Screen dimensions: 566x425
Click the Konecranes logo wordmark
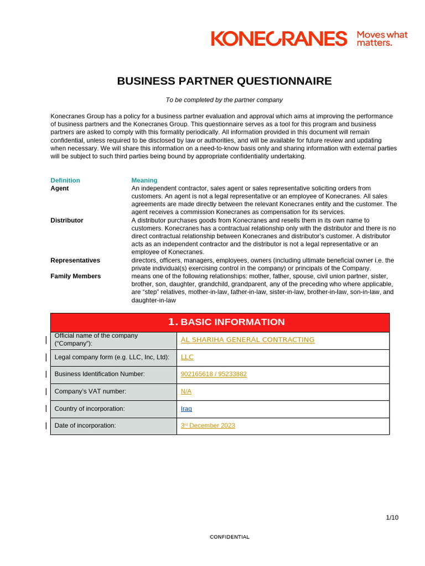pyautogui.click(x=279, y=39)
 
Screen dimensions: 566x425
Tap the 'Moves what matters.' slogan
pyautogui.click(x=382, y=39)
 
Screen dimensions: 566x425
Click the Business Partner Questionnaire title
pyautogui.click(x=224, y=81)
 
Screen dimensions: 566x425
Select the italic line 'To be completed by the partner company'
pyautogui.click(x=224, y=100)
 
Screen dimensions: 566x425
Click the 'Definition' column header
pyautogui.click(x=65, y=180)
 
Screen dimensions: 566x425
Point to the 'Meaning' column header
pyautogui.click(x=144, y=180)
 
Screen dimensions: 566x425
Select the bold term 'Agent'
pyautogui.click(x=60, y=188)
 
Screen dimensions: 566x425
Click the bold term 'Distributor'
pyautogui.click(x=67, y=221)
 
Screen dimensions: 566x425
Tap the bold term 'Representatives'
pyautogui.click(x=75, y=260)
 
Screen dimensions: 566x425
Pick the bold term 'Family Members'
pyautogui.click(x=76, y=276)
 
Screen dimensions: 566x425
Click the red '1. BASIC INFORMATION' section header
pyautogui.click(x=226, y=322)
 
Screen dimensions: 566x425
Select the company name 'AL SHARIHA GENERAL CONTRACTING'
pyautogui.click(x=247, y=340)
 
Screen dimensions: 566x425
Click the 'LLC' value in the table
pyautogui.click(x=187, y=358)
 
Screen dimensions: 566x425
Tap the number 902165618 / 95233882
pyautogui.click(x=214, y=374)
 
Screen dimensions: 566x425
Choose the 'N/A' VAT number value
pyautogui.click(x=186, y=391)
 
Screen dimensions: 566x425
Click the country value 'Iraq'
pyautogui.click(x=186, y=408)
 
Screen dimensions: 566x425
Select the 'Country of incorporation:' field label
pyautogui.click(x=90, y=408)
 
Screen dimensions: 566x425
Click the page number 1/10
pyautogui.click(x=392, y=517)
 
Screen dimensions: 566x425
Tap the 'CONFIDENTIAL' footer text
pyautogui.click(x=230, y=537)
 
